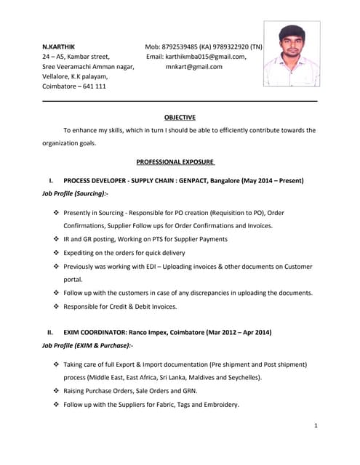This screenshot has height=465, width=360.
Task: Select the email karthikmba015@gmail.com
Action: pos(205,57)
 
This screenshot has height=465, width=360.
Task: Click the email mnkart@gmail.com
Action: pos(194,67)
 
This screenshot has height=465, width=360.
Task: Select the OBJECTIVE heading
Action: pos(180,117)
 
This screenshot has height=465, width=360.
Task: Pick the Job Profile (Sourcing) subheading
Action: pos(75,194)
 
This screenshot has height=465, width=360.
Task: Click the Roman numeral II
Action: pos(50,332)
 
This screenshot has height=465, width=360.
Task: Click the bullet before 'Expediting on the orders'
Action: pos(57,253)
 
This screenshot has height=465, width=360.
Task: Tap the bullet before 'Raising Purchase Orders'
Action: pos(57,391)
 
